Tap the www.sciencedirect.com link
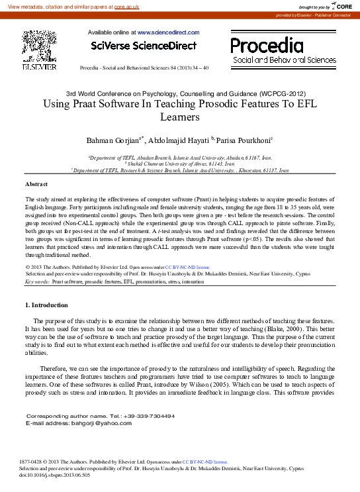pos(168,32)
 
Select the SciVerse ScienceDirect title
pos(144,46)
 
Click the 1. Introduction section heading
pos(46,305)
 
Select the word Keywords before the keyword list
pos(37,281)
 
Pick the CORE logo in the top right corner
pos(341,5)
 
